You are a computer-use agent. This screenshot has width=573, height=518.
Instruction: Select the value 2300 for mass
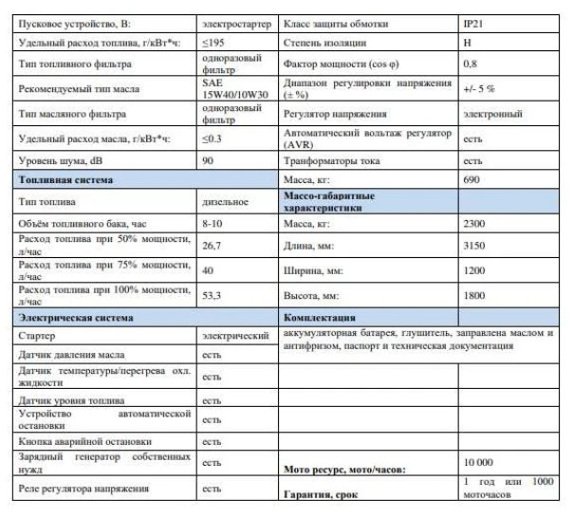pyautogui.click(x=474, y=224)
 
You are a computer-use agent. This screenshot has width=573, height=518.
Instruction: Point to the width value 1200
pyautogui.click(x=474, y=270)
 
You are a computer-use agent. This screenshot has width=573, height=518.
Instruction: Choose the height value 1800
pyautogui.click(x=474, y=295)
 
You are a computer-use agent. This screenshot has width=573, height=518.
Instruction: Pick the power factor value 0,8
pyautogui.click(x=470, y=65)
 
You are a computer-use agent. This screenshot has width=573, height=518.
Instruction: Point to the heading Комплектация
pyautogui.click(x=320, y=317)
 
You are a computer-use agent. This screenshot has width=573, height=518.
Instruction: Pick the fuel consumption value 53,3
pyautogui.click(x=213, y=295)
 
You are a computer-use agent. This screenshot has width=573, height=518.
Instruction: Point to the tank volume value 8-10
pyautogui.click(x=213, y=225)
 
